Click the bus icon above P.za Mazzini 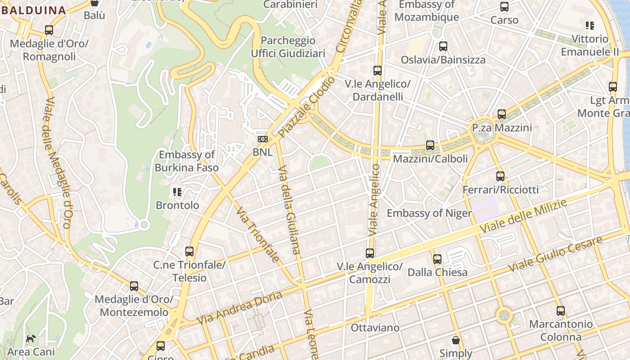coord(502,114)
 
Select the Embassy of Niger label coord(429,213)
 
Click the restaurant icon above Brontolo coord(177,193)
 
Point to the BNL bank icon coord(262,139)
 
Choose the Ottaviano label coord(375,328)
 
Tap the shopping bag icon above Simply coord(456,340)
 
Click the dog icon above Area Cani coord(31,338)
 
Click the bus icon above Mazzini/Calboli coord(430,145)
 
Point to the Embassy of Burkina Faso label coord(187,161)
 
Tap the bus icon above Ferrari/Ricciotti coord(500,176)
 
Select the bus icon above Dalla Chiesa coord(437,259)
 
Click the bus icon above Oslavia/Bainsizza coord(443,46)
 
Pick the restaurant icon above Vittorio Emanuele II coord(590,26)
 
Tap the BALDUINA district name coord(34,10)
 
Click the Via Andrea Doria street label coord(240,308)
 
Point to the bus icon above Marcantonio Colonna coord(561,311)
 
